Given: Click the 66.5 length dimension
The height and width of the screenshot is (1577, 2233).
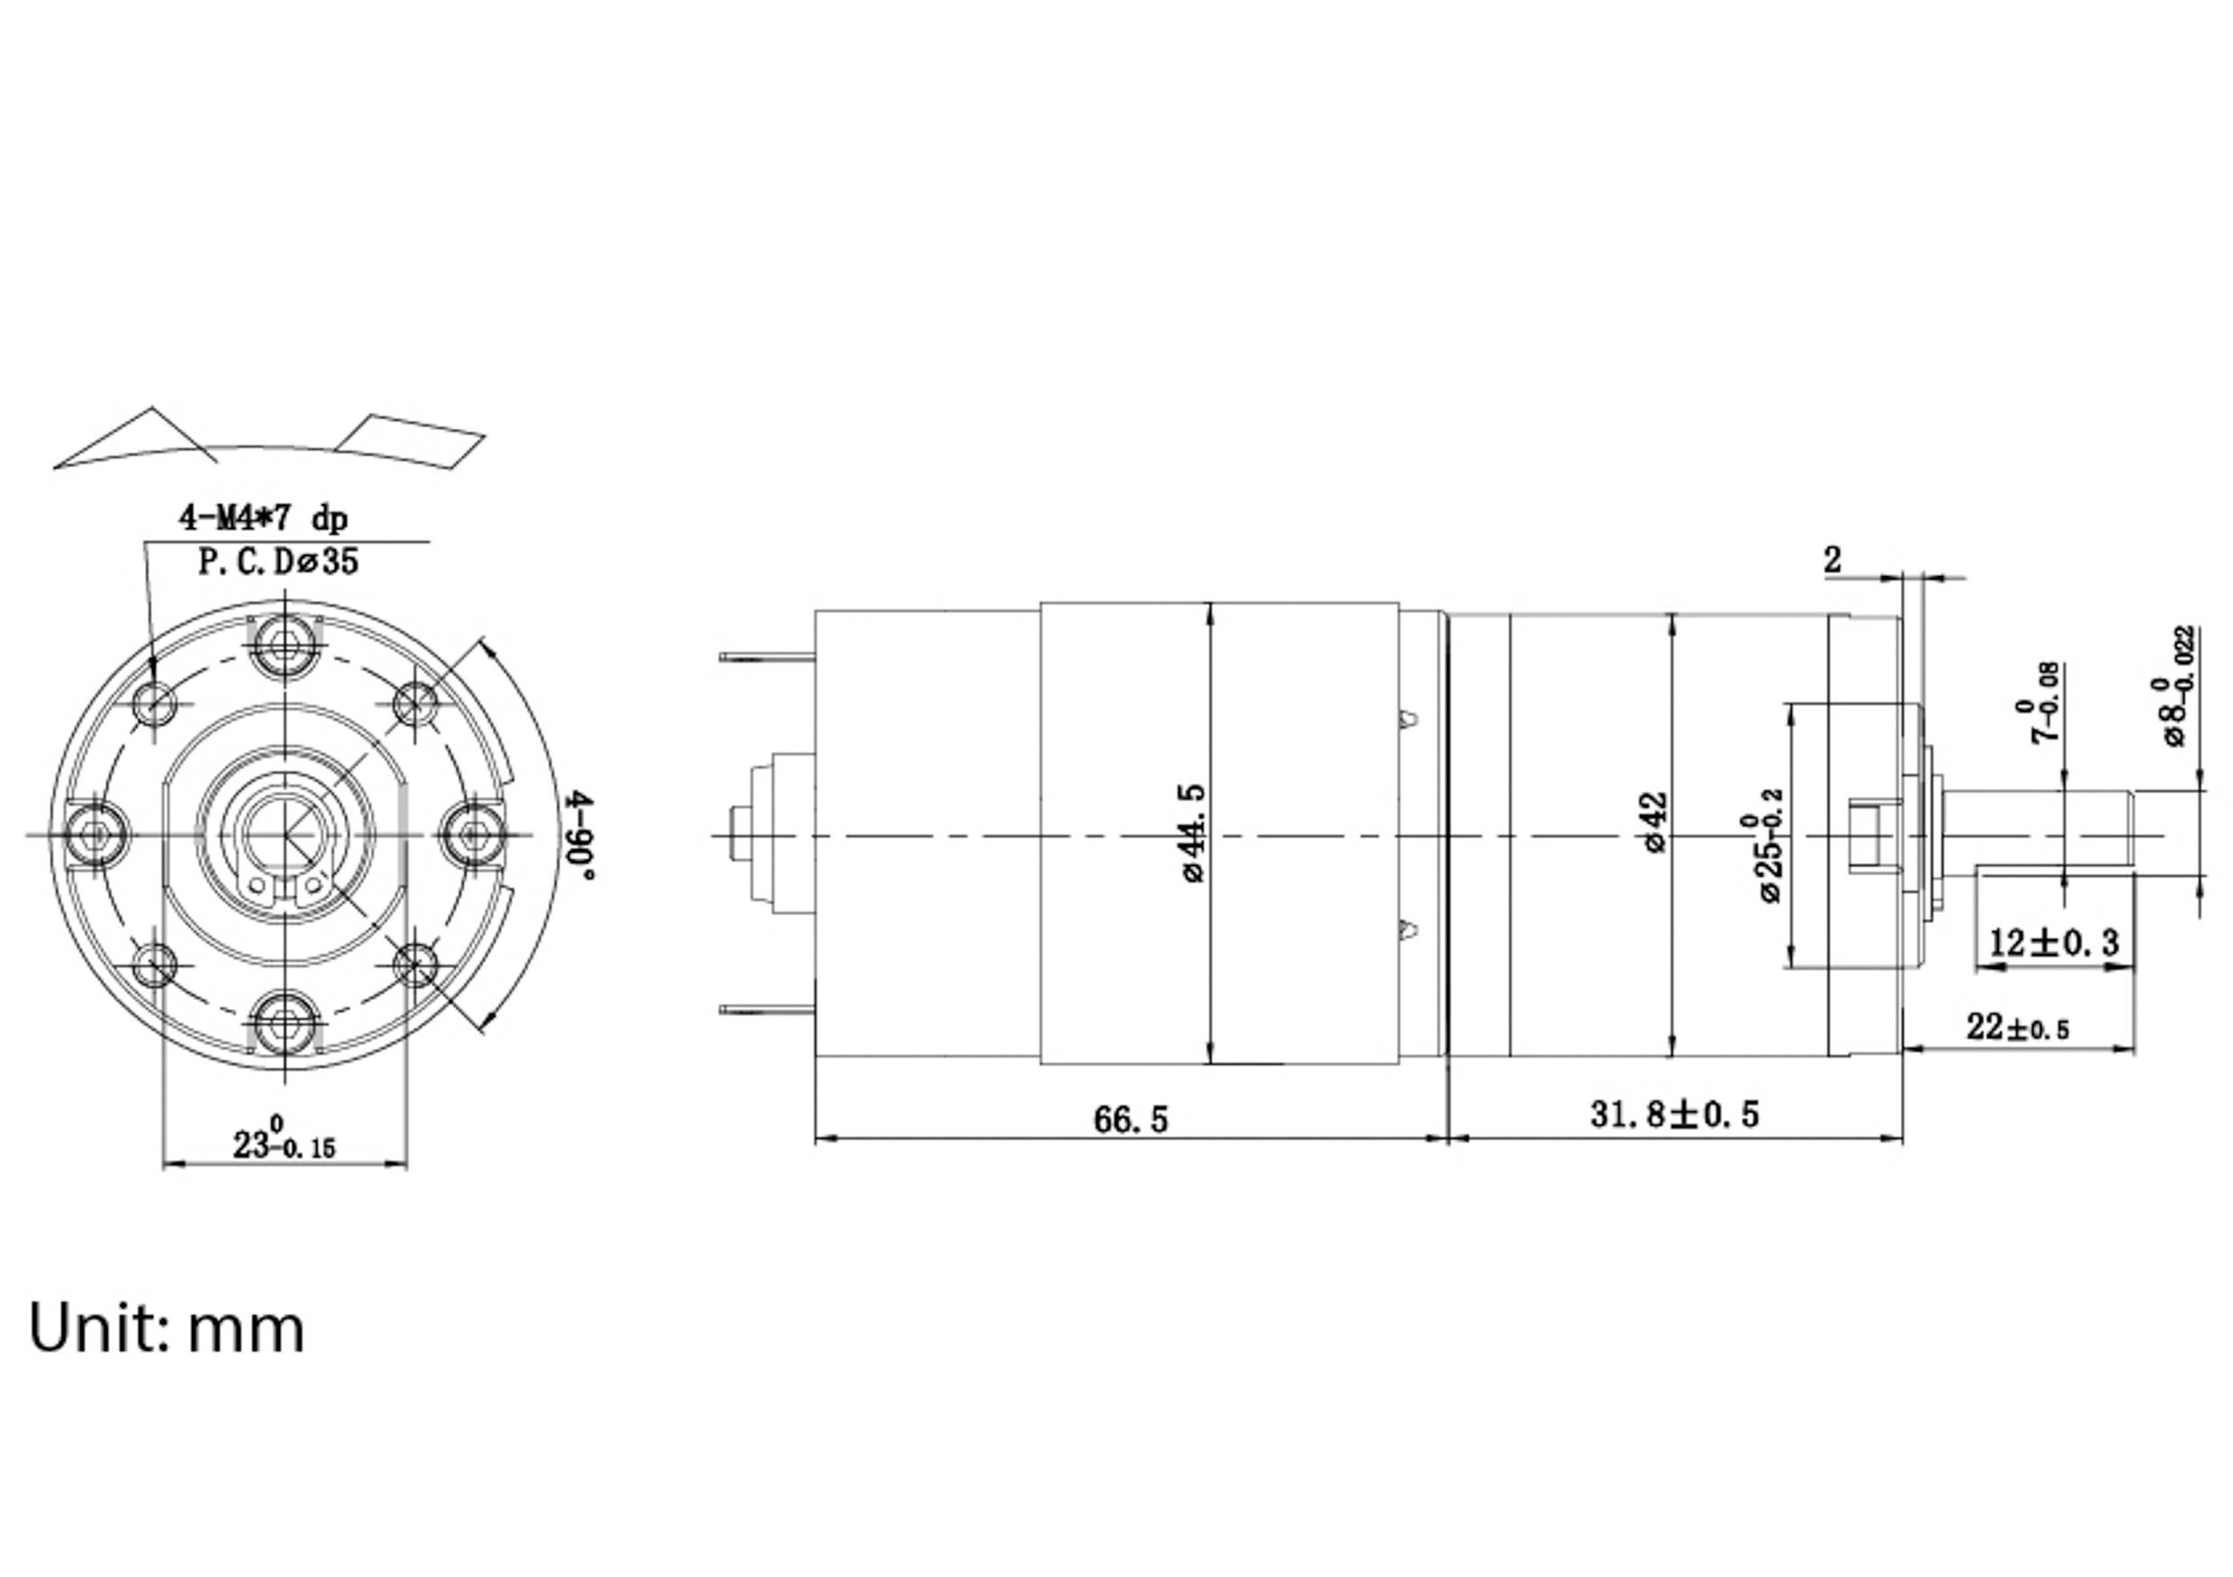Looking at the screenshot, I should tap(1130, 1120).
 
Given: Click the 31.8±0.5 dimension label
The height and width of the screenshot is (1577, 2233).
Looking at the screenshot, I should tap(1674, 1114).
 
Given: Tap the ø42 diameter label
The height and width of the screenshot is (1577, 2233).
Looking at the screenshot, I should tap(1655, 823).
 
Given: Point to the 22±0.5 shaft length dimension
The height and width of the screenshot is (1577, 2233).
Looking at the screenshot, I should tap(2017, 1028).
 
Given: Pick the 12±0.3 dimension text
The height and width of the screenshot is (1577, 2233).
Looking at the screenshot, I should tap(2053, 942).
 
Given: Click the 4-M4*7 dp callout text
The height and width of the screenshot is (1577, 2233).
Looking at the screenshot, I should tap(263, 518).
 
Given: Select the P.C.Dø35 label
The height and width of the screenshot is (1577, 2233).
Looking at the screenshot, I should tap(278, 562).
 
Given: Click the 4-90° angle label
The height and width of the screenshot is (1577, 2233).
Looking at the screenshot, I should tap(581, 834).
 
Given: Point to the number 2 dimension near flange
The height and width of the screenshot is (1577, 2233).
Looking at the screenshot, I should tap(1832, 560).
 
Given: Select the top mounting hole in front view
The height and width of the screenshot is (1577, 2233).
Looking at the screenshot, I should tap(285, 644).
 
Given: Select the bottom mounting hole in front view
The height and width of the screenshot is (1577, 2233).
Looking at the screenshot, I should tap(285, 1023).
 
